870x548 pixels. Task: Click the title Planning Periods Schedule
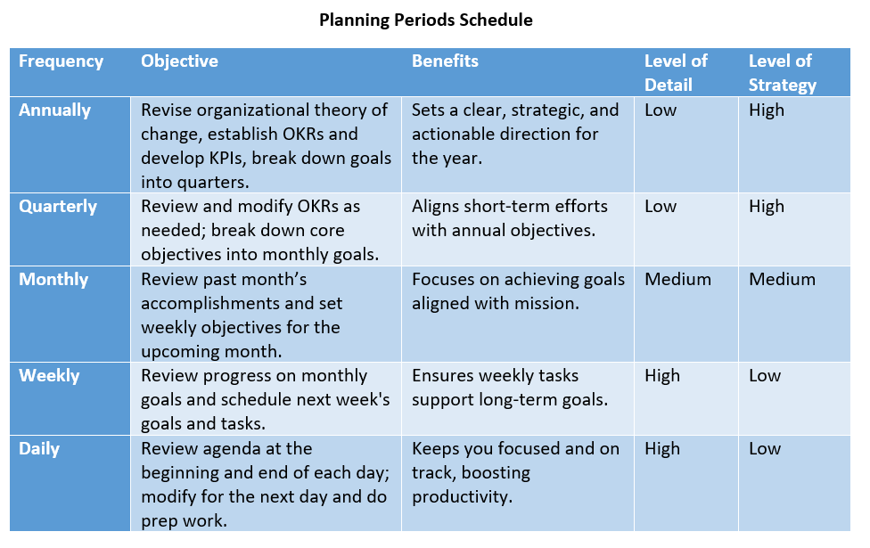425,20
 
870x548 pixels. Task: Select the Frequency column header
61,61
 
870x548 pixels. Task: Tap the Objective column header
179,61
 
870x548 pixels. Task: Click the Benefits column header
445,61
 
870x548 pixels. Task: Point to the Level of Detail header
676,73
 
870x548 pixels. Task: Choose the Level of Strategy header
783,73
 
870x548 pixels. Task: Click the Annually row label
55,110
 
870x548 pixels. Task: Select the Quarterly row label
58,207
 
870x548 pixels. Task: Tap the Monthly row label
53,279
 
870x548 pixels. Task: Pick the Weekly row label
49,375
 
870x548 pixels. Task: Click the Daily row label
39,449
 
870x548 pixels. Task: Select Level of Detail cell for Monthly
677,279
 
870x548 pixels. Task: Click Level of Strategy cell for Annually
767,110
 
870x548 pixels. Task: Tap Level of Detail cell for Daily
662,449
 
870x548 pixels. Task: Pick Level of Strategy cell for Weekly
765,375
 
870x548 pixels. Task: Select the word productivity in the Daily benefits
462,497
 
